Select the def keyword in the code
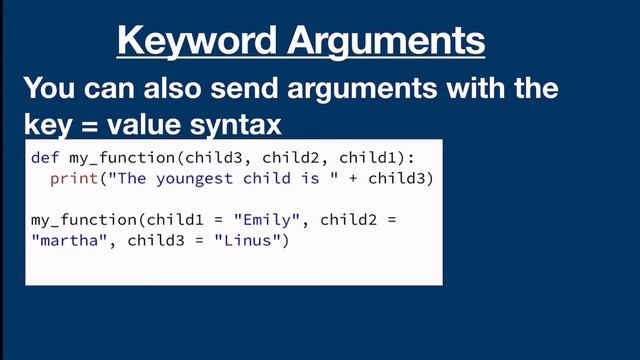[x=43, y=157]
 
